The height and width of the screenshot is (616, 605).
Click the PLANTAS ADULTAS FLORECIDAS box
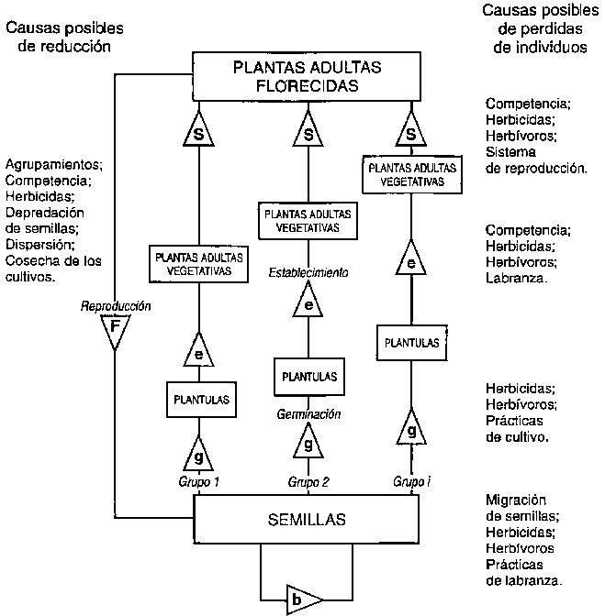pos(308,77)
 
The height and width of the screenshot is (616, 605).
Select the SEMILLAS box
pos(308,520)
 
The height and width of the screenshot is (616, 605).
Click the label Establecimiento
pos(308,272)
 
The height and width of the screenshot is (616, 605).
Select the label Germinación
pos(308,414)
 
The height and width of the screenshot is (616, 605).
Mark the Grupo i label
pos(411,481)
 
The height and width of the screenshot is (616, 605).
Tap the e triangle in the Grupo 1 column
pos(198,350)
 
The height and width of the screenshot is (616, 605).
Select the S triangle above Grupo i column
pos(411,133)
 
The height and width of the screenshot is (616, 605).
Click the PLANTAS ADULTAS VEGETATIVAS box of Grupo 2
pos(308,220)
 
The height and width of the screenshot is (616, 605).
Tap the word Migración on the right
pos(516,500)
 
